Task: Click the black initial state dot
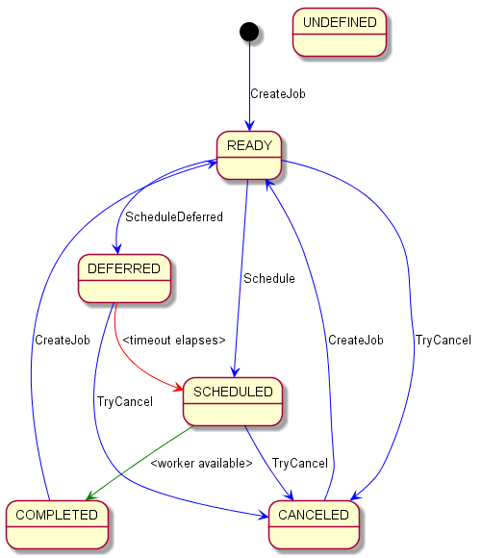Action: click(x=249, y=32)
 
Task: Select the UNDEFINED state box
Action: click(x=340, y=33)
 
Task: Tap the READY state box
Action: click(x=249, y=155)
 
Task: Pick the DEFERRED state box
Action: click(x=124, y=278)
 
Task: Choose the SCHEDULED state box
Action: click(x=233, y=401)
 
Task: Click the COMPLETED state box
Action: click(x=57, y=524)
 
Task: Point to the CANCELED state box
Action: click(x=314, y=524)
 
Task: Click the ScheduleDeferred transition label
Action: click(x=174, y=216)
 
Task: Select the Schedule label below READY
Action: click(x=269, y=278)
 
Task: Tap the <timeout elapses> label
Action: click(x=174, y=341)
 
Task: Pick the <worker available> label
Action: click(x=201, y=464)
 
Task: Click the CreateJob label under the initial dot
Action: click(x=278, y=94)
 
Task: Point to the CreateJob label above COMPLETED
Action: click(x=63, y=341)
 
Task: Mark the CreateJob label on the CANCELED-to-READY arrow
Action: click(x=356, y=341)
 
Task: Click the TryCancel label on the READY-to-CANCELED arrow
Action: click(x=444, y=341)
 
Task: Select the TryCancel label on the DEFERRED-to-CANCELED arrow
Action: click(x=125, y=402)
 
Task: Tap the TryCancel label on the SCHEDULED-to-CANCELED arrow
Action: click(x=300, y=464)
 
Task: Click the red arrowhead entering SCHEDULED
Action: click(x=178, y=388)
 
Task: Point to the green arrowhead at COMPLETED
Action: click(x=90, y=495)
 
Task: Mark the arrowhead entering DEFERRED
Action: click(x=117, y=249)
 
